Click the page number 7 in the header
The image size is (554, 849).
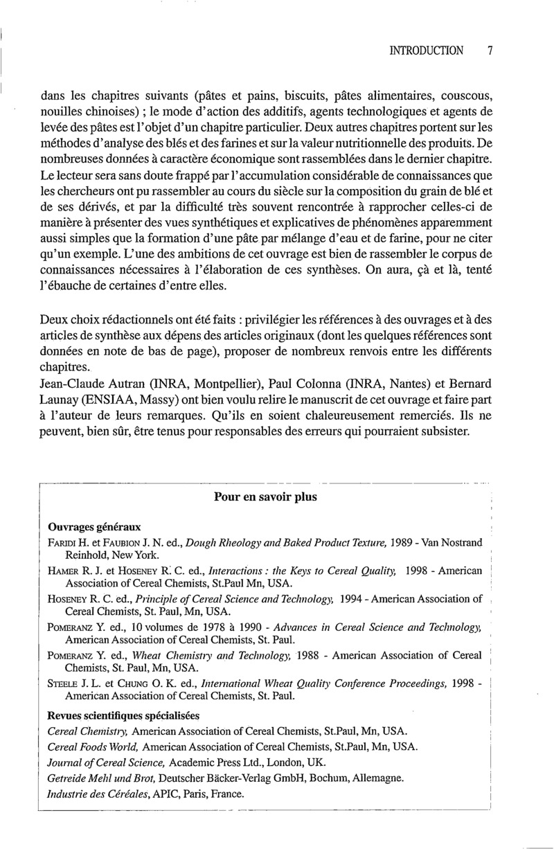[x=490, y=51]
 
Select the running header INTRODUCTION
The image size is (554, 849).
[x=427, y=51]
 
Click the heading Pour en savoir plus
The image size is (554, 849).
[x=265, y=497]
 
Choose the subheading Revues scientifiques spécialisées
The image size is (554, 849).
[x=122, y=715]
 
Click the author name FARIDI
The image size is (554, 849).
[x=64, y=543]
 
